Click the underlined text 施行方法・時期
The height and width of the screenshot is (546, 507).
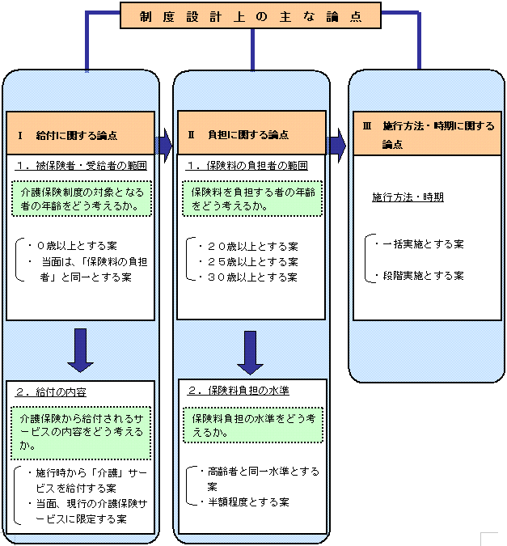pos(408,197)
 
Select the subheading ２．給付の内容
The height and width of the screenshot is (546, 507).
pos(52,392)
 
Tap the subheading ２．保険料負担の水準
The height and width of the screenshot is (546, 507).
pos(239,390)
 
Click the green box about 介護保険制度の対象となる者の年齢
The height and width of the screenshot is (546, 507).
pos(82,199)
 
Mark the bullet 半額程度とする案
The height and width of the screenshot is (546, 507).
pos(247,502)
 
